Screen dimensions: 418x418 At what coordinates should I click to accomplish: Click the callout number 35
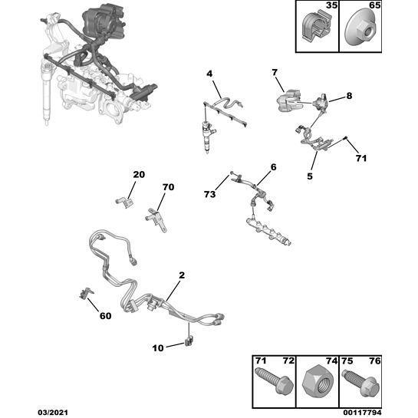[x=331, y=5]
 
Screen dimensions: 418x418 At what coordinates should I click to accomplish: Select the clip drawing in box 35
[x=318, y=28]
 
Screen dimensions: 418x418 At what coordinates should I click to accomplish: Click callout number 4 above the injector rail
[x=209, y=74]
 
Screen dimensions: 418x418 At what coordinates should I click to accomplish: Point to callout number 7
[x=275, y=72]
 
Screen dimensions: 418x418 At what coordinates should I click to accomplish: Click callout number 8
[x=349, y=96]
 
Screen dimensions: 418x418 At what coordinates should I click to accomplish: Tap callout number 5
[x=310, y=176]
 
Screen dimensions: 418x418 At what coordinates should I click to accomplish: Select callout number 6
[x=274, y=167]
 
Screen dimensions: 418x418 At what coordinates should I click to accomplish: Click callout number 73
[x=209, y=194]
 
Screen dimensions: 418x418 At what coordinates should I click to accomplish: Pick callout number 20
[x=139, y=175]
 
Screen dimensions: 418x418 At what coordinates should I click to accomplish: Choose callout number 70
[x=168, y=187]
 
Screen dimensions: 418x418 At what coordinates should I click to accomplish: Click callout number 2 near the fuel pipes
[x=182, y=275]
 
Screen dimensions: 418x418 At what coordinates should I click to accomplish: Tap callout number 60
[x=105, y=316]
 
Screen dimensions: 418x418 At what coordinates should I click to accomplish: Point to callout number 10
[x=158, y=348]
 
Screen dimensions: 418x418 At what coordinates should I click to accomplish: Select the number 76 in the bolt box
[x=375, y=361]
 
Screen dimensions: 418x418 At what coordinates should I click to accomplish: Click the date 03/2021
[x=53, y=413]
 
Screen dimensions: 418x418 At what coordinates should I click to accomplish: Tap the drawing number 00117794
[x=362, y=413]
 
